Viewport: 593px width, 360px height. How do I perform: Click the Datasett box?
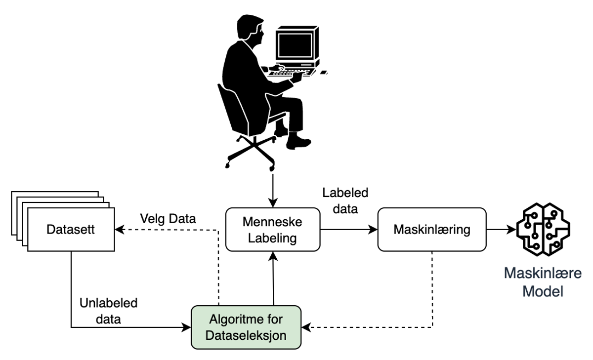click(x=71, y=230)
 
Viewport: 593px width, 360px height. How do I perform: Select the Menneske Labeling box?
click(x=272, y=230)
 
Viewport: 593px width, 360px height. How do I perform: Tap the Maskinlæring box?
click(x=431, y=230)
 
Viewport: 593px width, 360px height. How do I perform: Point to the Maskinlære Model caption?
click(x=542, y=281)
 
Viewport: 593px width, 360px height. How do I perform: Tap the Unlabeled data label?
click(x=108, y=310)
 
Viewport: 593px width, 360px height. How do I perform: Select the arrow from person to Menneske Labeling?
click(x=272, y=188)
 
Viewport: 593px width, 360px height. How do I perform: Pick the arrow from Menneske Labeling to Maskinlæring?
click(x=348, y=230)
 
